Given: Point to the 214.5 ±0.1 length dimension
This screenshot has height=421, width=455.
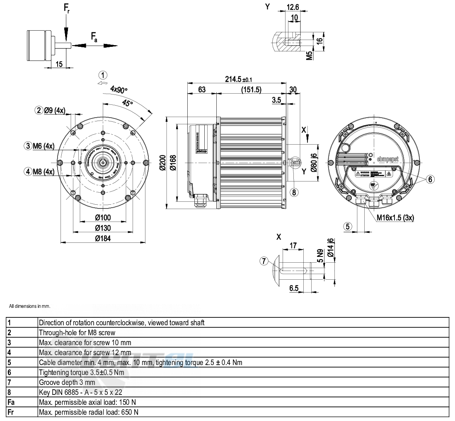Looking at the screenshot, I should pos(239,80).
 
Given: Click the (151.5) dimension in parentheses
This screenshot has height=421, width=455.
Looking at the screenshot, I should pos(251,90).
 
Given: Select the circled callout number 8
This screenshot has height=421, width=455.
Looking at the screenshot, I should pos(294,192).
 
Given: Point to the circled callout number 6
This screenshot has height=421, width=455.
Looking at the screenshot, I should pos(431,179).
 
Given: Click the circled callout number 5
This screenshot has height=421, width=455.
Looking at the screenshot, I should pos(348,226).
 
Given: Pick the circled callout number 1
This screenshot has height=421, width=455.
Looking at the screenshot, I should pos(103,75).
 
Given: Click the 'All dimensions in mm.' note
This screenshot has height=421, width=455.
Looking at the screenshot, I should pos(29,306).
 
